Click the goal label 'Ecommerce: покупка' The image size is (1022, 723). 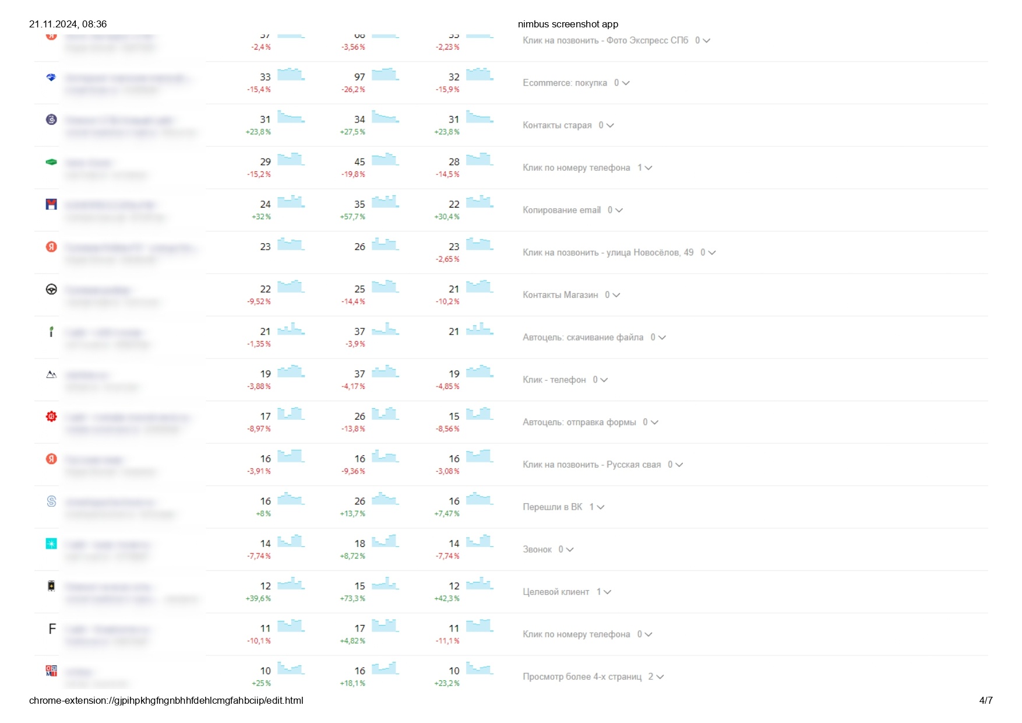click(565, 83)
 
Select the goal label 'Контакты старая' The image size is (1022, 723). click(557, 125)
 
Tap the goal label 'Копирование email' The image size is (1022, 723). click(561, 210)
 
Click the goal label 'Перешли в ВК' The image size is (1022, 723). click(552, 507)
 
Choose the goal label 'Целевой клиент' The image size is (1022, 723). click(556, 592)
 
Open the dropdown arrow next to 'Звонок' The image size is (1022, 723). click(570, 550)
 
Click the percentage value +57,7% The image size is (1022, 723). click(353, 217)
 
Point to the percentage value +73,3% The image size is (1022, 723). click(353, 599)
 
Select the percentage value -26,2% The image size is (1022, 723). click(353, 90)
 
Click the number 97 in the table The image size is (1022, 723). click(360, 77)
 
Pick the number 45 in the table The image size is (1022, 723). click(360, 162)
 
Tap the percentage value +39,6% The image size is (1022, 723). click(258, 599)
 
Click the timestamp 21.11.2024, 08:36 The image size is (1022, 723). click(68, 24)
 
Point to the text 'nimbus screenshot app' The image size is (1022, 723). click(568, 24)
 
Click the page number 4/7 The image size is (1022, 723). click(986, 700)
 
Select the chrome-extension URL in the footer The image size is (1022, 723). click(166, 700)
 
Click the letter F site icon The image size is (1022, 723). click(52, 629)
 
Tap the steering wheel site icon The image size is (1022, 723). click(51, 289)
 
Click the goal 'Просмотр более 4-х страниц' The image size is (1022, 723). click(582, 677)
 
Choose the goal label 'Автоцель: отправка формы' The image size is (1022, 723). click(579, 422)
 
